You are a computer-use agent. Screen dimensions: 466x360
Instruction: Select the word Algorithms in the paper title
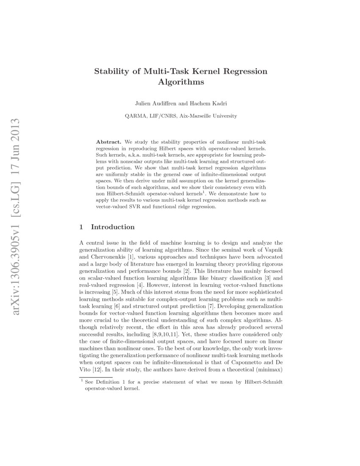[181, 82]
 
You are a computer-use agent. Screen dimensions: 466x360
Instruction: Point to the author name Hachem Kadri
[209, 103]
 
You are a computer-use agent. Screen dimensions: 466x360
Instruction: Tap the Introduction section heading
[113, 227]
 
